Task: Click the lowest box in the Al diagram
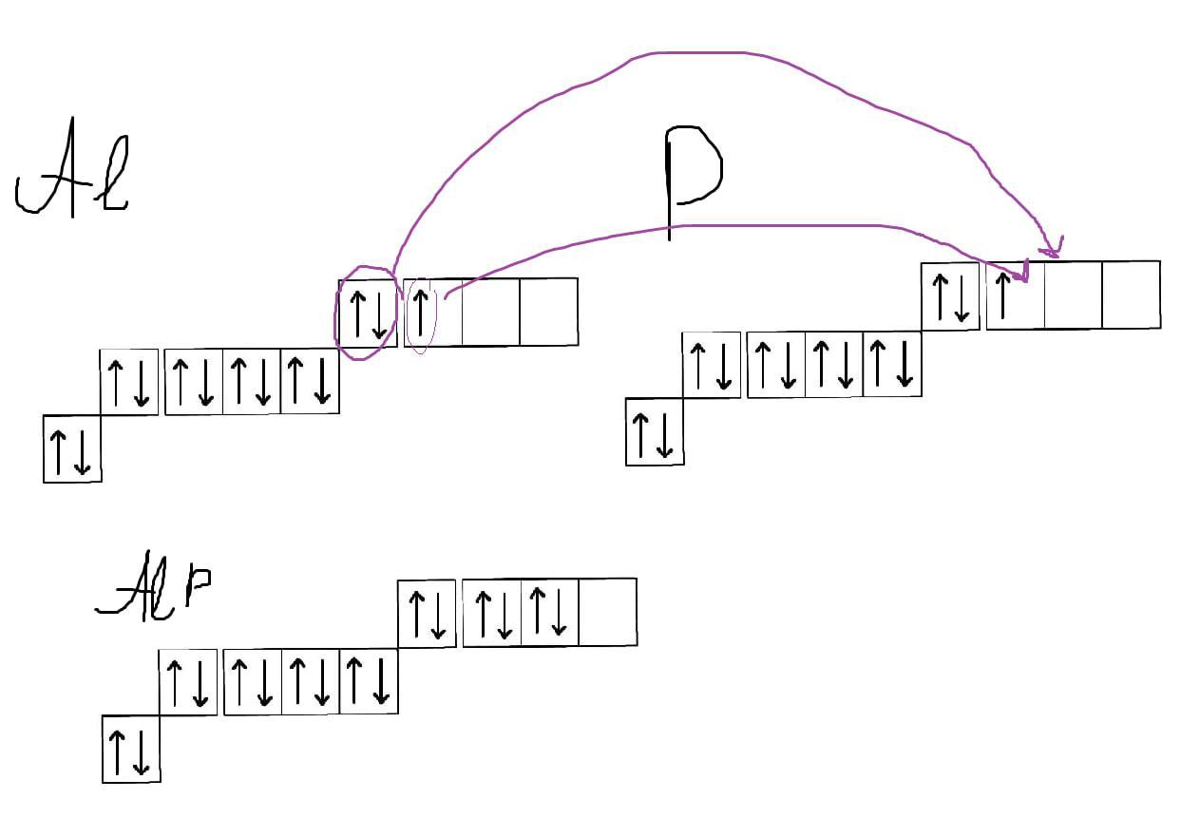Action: pyautogui.click(x=72, y=448)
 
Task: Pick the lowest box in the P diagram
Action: pyautogui.click(x=655, y=432)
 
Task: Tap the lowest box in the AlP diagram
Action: pyautogui.click(x=131, y=749)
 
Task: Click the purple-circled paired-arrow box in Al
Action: pyautogui.click(x=368, y=313)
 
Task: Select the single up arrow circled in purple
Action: pyautogui.click(x=421, y=311)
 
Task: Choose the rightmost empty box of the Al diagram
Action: pyautogui.click(x=548, y=312)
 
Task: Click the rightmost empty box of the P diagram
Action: pyautogui.click(x=1131, y=295)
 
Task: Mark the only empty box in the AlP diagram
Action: pyautogui.click(x=607, y=612)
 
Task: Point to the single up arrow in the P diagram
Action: pyautogui.click(x=1003, y=294)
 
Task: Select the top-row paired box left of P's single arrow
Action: pyautogui.click(x=950, y=296)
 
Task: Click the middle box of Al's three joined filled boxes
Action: pyautogui.click(x=252, y=381)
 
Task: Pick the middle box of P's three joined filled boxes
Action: pyautogui.click(x=834, y=364)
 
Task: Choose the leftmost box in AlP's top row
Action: pyautogui.click(x=427, y=613)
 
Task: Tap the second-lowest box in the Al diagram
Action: pyautogui.click(x=129, y=381)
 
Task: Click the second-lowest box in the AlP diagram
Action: pyautogui.click(x=188, y=682)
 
